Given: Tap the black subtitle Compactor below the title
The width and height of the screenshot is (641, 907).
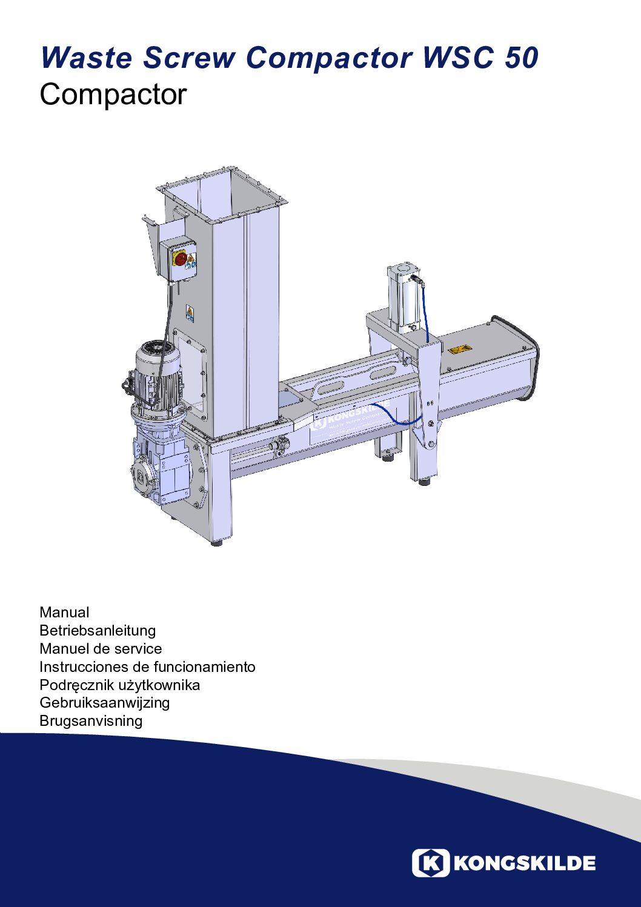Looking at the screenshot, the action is click(x=113, y=96).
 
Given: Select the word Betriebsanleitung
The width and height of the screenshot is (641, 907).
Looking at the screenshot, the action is click(x=98, y=631).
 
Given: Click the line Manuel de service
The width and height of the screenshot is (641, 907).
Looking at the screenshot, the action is click(x=101, y=648).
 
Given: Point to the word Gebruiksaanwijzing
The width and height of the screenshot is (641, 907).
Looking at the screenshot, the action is click(x=104, y=703).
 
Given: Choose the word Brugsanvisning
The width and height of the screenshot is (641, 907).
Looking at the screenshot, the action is click(x=91, y=721).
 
